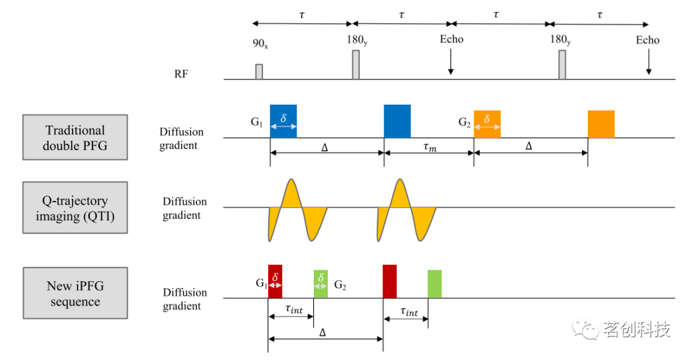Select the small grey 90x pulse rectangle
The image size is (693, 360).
259,71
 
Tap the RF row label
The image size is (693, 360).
181,74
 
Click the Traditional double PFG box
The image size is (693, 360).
74,137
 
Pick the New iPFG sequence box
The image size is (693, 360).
74,293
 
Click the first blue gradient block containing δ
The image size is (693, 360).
283,121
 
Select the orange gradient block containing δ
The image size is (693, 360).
487,124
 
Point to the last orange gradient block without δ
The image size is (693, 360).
601,124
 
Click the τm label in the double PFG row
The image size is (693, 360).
429,146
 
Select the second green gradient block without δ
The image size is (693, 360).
434,284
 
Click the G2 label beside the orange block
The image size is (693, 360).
465,121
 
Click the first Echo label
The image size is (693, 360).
451,40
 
